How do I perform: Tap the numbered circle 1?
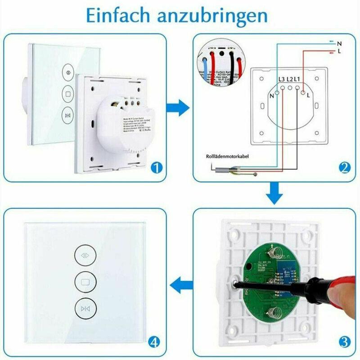(x=156, y=168)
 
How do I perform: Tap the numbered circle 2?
(x=344, y=168)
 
